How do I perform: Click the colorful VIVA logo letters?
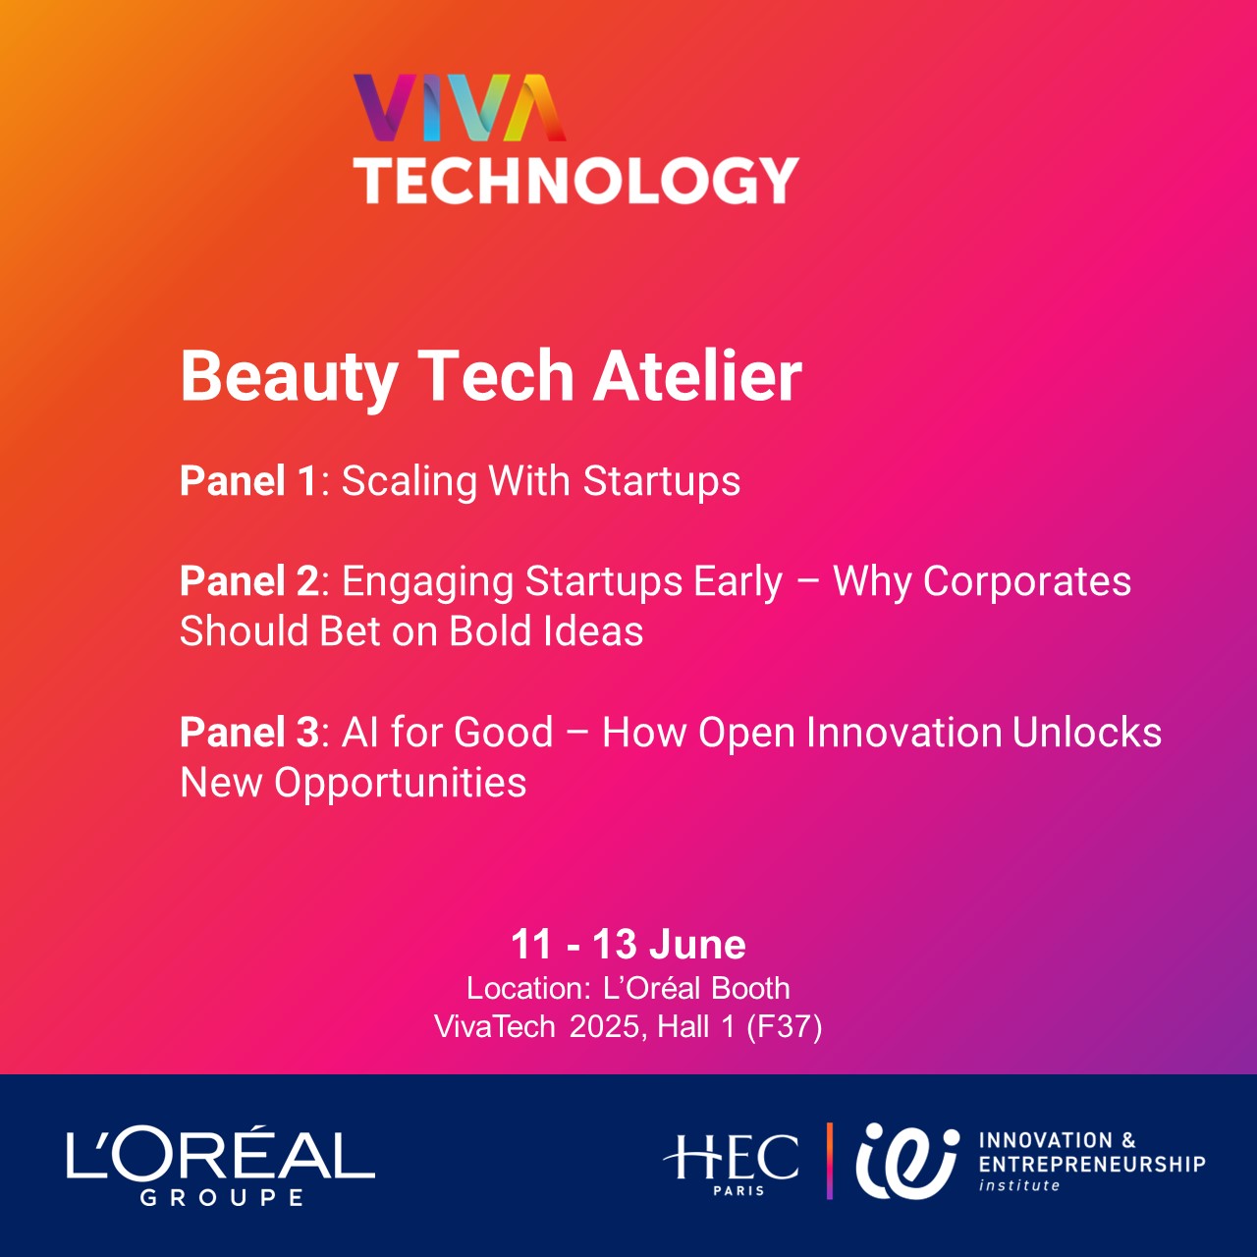coord(460,108)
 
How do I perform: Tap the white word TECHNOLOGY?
coord(576,181)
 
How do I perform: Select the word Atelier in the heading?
coord(697,376)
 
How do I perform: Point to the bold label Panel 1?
coord(249,481)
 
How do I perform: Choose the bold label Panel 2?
coord(249,580)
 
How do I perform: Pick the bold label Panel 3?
coord(249,732)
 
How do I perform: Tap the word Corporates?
coord(1027,582)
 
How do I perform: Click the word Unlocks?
coord(1087,732)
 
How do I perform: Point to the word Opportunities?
coord(400,785)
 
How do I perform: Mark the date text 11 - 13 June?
coord(628,944)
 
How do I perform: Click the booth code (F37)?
coord(784,1027)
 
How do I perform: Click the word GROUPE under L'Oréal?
coord(222,1198)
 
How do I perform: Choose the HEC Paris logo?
coord(731,1166)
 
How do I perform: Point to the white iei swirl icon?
coord(907,1162)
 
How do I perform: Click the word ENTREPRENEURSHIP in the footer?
coord(1092,1165)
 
